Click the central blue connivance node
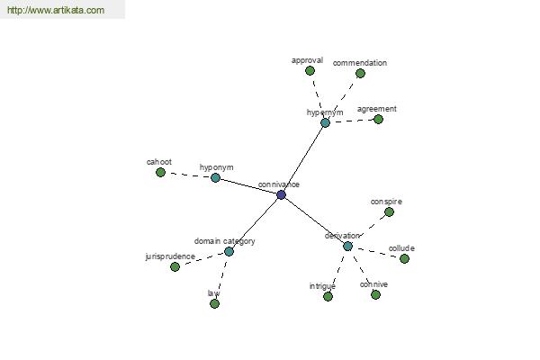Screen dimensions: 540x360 [281, 195]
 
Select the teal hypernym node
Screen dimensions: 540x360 [325, 123]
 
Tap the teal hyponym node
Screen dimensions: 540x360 [215, 178]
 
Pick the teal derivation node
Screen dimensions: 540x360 [347, 247]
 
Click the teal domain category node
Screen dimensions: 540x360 [229, 251]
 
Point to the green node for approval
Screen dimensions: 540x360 [310, 70]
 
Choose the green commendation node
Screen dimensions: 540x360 [360, 74]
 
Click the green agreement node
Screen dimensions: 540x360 [379, 120]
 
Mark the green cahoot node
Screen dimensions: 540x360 [160, 172]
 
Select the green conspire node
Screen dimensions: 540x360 [389, 211]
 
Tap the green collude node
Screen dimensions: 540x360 [405, 258]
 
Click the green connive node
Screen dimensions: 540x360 [375, 294]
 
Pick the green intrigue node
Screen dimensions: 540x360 [328, 296]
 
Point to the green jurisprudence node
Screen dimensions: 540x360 [175, 266]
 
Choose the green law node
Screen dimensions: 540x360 [214, 303]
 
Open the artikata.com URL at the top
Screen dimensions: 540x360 [56, 10]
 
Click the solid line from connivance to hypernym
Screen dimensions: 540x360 [303, 159]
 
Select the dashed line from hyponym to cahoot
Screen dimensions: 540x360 [188, 175]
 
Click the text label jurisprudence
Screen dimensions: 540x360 [170, 256]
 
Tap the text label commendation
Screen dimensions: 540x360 [360, 63]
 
